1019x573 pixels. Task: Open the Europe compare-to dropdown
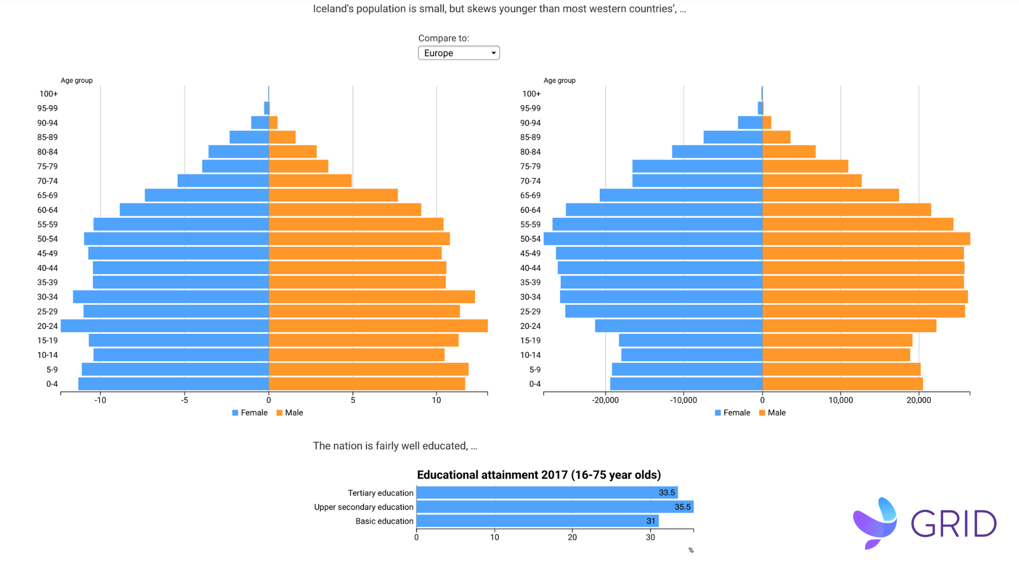pos(459,53)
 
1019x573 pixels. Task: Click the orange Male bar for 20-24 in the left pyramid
pos(378,326)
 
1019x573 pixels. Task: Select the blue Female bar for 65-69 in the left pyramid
pos(206,195)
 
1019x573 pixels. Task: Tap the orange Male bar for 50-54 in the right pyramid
pos(866,239)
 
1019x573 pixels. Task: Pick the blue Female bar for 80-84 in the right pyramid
pos(717,152)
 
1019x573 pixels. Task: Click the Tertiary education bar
pos(547,493)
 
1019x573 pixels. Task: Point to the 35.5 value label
pos(683,507)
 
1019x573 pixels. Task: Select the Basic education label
pos(384,522)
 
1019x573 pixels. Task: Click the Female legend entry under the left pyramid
pos(250,413)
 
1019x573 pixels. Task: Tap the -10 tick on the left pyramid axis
pos(100,400)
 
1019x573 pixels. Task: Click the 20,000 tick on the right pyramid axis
pos(919,400)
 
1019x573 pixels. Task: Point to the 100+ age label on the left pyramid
pos(48,94)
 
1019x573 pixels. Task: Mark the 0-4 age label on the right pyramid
pos(535,384)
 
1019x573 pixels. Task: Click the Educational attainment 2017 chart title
pos(539,475)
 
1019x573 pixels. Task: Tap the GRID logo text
pos(954,524)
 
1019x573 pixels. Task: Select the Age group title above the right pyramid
pos(559,81)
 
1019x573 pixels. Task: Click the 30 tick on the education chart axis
pos(650,537)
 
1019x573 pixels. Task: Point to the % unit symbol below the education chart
pos(691,551)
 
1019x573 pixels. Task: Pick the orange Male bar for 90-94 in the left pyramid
pos(273,123)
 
